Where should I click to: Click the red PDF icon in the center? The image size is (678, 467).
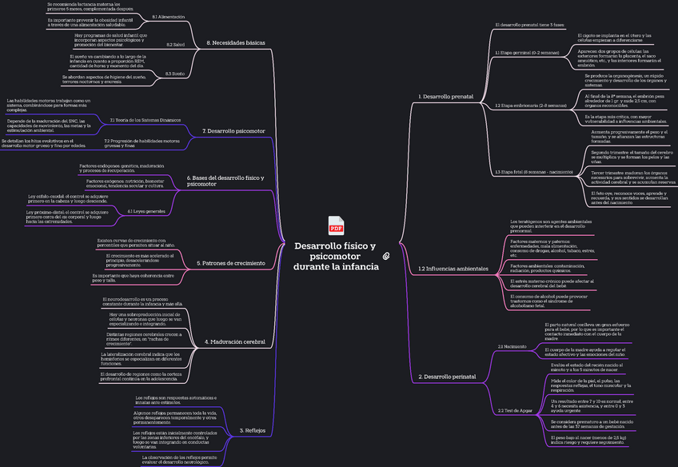point(336,226)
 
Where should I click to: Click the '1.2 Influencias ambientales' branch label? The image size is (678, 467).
point(453,269)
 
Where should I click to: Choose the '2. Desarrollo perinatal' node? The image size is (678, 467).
point(448,376)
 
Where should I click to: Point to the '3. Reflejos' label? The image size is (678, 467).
point(253,430)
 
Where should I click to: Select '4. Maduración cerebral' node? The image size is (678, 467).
point(235,341)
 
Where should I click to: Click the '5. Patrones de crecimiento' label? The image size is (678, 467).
point(231,262)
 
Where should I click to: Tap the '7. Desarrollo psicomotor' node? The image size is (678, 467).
point(233,130)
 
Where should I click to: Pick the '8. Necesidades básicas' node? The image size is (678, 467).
point(236,42)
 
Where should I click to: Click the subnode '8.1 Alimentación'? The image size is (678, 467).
point(168,17)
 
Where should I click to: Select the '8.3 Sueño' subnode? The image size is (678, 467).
point(174,73)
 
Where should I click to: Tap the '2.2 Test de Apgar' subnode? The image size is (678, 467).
point(515,410)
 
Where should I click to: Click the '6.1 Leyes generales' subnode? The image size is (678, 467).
point(146,211)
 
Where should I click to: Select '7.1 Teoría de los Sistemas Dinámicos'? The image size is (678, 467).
point(146,120)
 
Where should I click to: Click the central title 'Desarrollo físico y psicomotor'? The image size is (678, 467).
point(335,256)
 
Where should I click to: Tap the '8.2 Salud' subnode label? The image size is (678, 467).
point(175,45)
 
